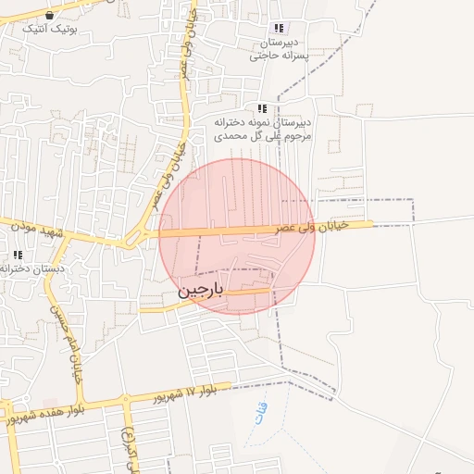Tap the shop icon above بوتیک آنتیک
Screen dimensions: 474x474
click(49, 15)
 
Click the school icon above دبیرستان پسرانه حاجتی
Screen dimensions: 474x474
click(280, 29)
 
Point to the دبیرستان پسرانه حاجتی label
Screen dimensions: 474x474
click(283, 49)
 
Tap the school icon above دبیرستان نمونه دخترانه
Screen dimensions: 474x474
click(263, 108)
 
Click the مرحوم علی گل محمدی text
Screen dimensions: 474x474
click(263, 135)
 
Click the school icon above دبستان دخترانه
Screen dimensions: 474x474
click(18, 255)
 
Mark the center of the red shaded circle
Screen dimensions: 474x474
click(237, 236)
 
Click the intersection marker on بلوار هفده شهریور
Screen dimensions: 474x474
click(125, 402)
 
